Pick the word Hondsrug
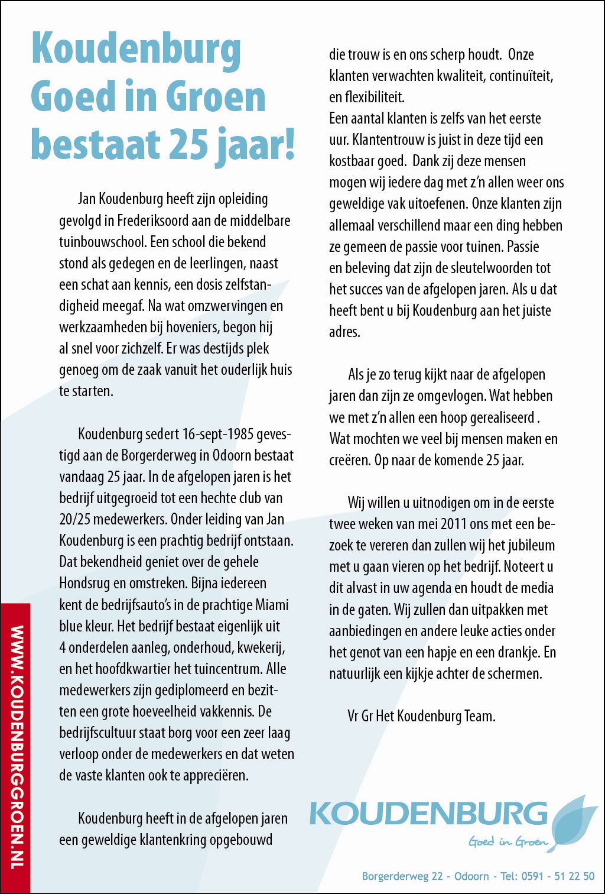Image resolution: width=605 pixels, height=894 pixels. click(84, 584)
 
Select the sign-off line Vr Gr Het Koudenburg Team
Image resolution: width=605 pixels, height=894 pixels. click(421, 716)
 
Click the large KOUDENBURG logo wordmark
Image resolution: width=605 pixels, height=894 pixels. click(428, 814)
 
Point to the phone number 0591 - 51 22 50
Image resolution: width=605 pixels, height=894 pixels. click(558, 876)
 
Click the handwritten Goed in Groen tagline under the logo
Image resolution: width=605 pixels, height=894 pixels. click(508, 841)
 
